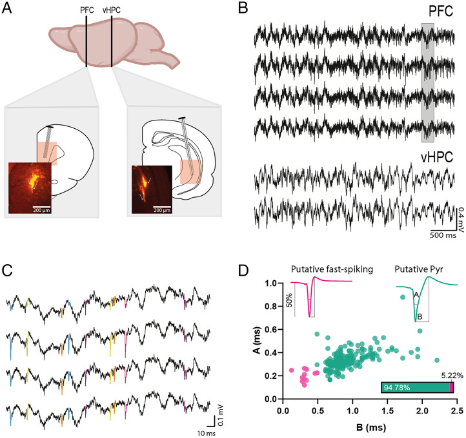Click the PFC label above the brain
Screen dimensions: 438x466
coord(86,10)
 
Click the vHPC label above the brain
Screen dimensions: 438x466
coord(112,10)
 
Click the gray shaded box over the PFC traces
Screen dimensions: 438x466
coord(427,82)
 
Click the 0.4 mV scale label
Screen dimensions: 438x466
coord(460,214)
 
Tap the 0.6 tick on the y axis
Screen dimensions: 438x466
coord(272,330)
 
